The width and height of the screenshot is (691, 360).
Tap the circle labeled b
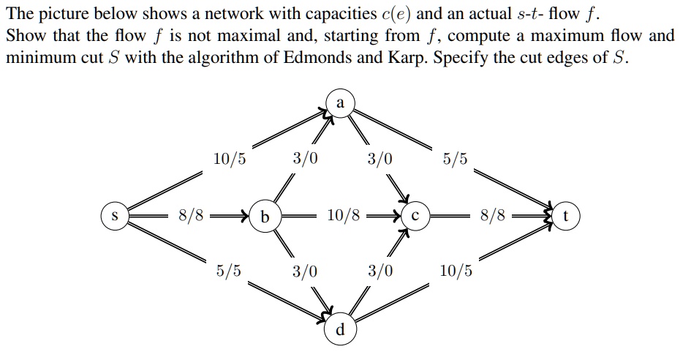pos(264,217)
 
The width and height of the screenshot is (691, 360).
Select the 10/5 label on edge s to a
pos(230,158)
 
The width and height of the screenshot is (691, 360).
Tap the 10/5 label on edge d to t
pos(456,271)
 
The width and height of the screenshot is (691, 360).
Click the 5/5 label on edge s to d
pos(230,271)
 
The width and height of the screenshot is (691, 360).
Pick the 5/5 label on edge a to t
pos(456,158)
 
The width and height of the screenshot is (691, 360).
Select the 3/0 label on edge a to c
pos(380,158)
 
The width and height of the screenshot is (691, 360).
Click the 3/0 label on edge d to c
pos(380,271)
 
